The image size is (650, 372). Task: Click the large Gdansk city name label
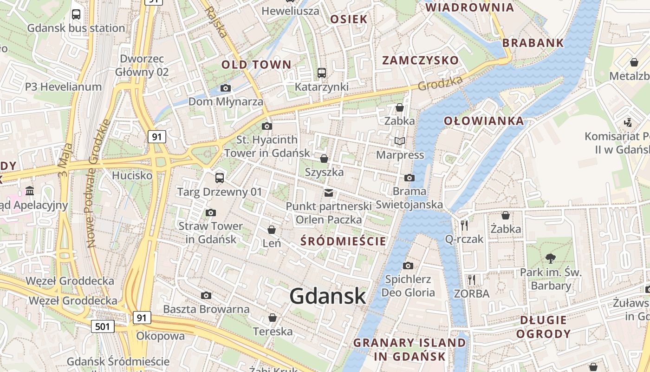[328, 296]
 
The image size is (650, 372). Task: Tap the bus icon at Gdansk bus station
[76, 14]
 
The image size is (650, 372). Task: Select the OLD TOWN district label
[256, 65]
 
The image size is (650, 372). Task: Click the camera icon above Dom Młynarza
[226, 88]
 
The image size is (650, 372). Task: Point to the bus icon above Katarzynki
[321, 73]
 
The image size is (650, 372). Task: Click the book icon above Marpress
[400, 141]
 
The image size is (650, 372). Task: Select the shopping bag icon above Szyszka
[324, 159]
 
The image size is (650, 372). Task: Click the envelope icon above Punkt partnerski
[329, 193]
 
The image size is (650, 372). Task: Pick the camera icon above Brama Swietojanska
[409, 178]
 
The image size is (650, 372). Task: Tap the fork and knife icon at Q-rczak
[464, 226]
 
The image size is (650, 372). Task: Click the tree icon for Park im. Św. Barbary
[551, 258]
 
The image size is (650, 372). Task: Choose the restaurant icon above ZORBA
[472, 279]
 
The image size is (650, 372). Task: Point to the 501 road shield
[102, 326]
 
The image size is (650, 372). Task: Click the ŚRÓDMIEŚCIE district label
[343, 241]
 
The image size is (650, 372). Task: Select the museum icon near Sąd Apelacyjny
[30, 191]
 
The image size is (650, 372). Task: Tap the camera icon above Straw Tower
[210, 213]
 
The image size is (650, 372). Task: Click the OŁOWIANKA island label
[484, 121]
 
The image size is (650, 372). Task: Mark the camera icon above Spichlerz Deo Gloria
[408, 266]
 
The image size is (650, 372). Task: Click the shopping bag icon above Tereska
[273, 318]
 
